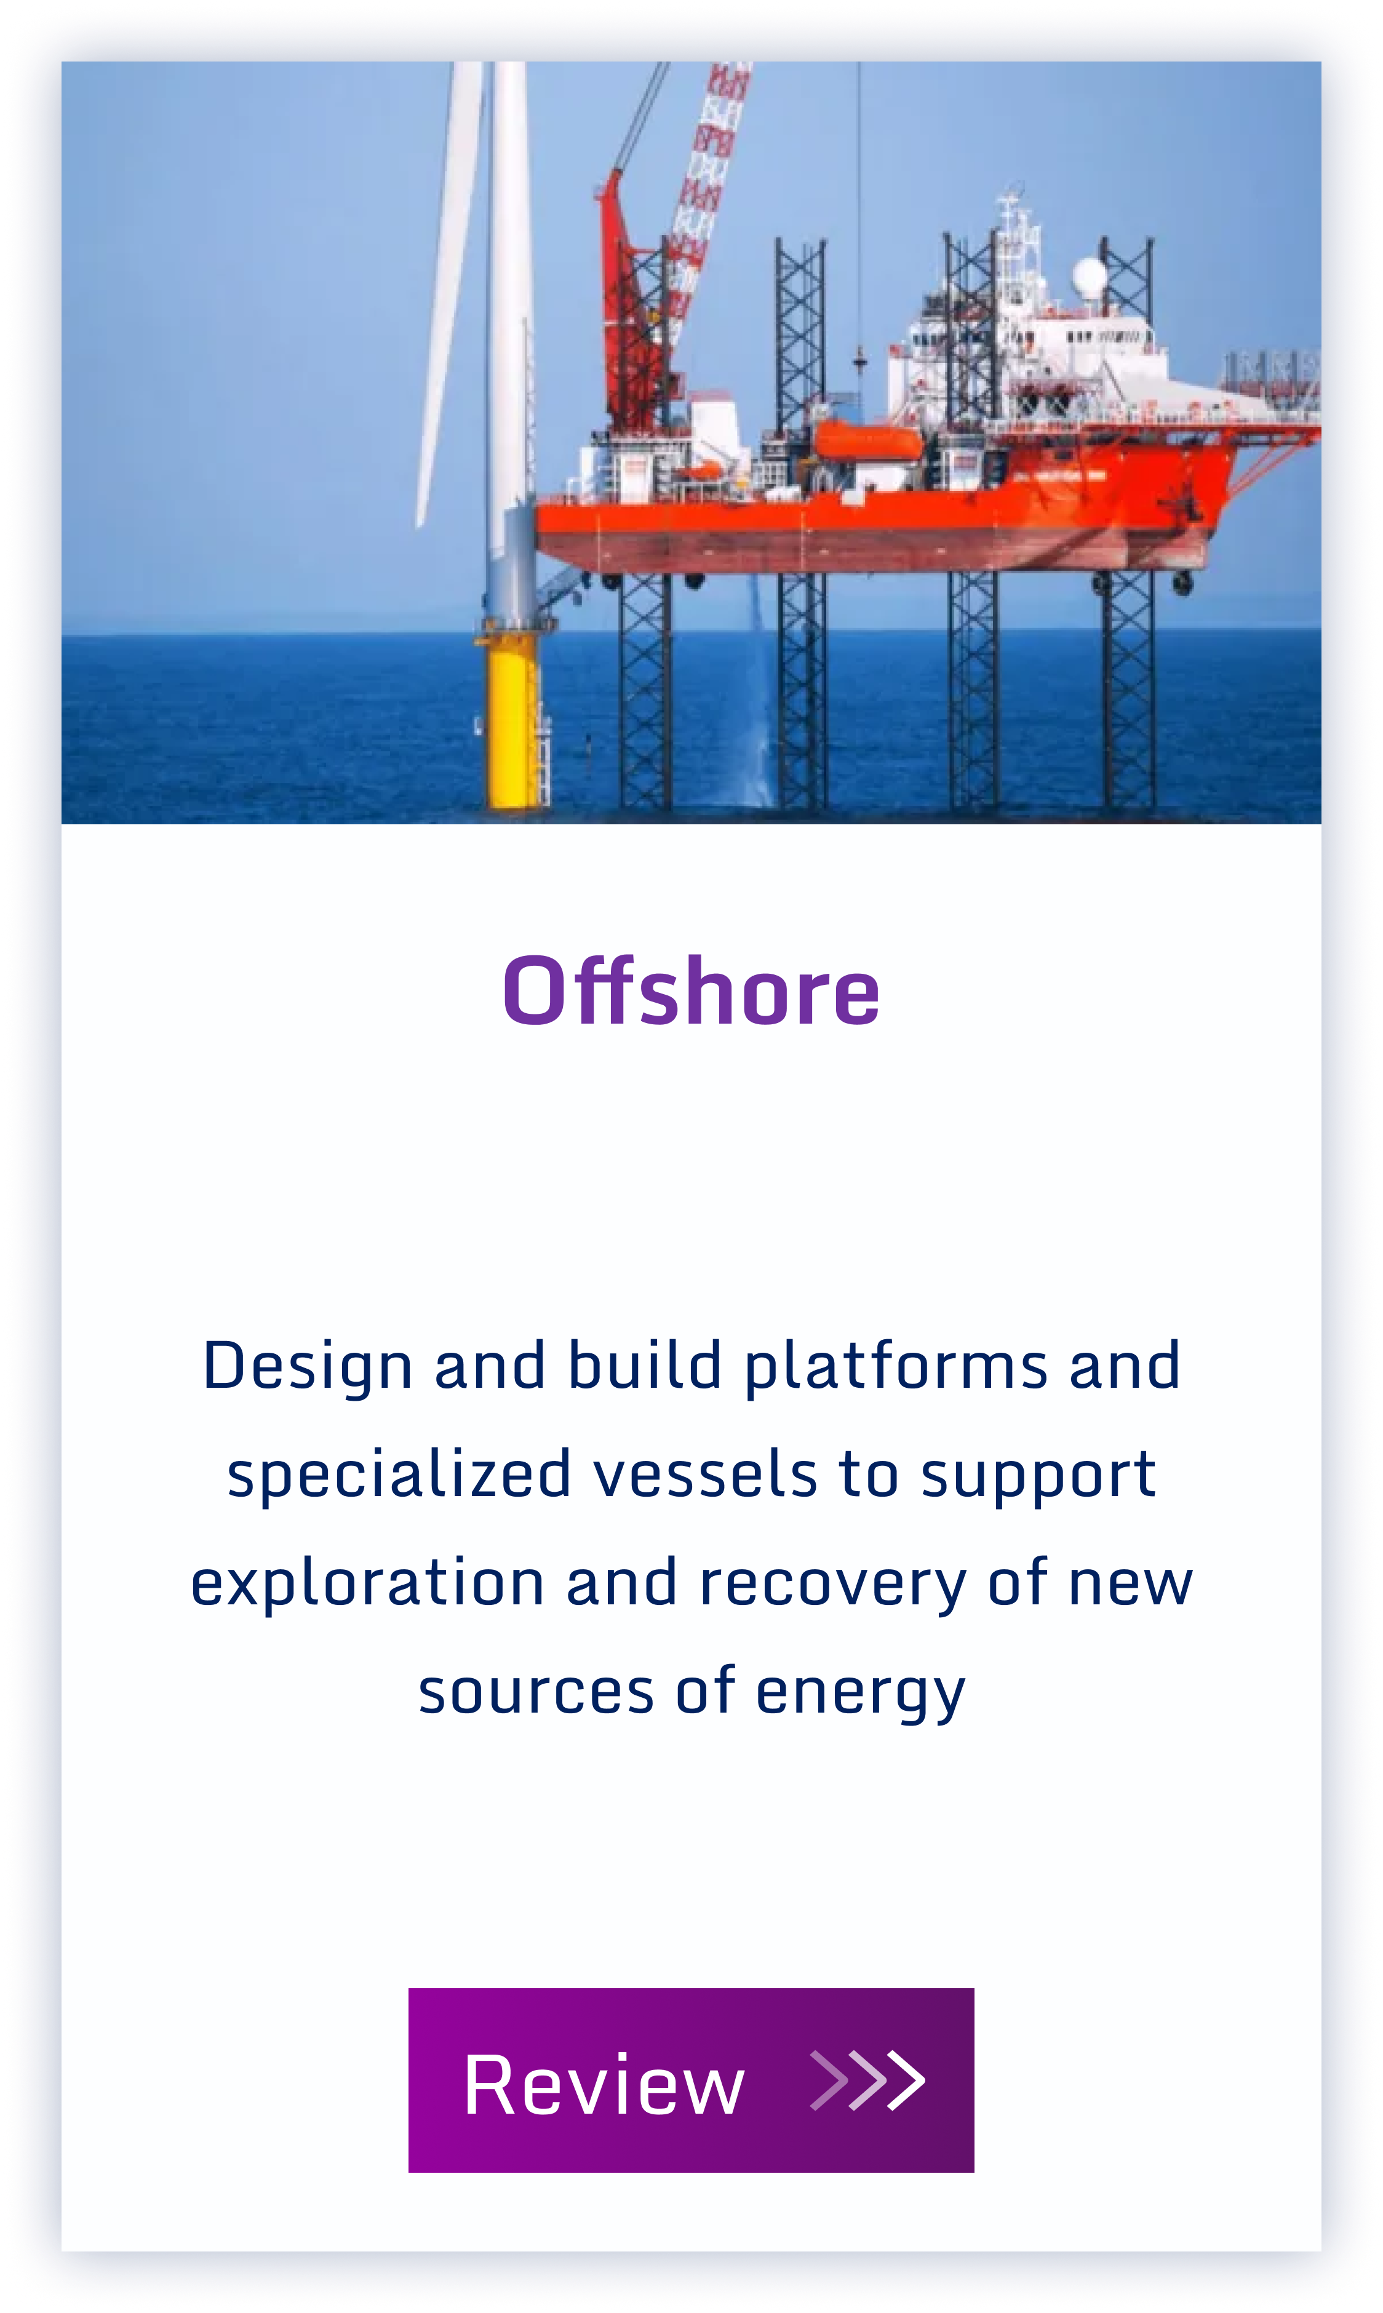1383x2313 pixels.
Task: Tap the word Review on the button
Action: [604, 2085]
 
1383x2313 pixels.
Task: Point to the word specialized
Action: [399, 1477]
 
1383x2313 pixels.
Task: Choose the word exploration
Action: [367, 1584]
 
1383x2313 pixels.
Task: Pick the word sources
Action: [536, 1694]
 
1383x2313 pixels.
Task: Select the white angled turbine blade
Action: [450, 289]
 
